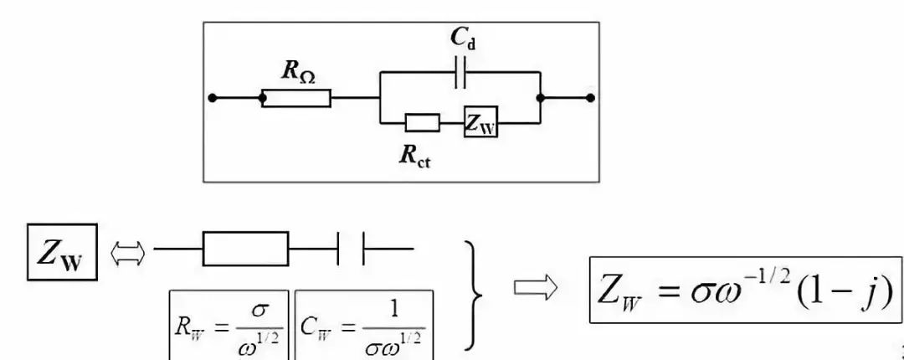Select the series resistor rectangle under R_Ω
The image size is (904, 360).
[x=297, y=98]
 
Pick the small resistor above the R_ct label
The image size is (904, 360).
[x=422, y=123]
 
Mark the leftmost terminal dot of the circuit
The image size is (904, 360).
[x=213, y=98]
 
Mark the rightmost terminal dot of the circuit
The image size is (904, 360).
[x=591, y=98]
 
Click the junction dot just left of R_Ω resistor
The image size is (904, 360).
[x=263, y=98]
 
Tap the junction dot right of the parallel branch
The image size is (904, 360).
[x=541, y=98]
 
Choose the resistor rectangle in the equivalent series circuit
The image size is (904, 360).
[x=246, y=249]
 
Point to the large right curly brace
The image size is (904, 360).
[x=475, y=292]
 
